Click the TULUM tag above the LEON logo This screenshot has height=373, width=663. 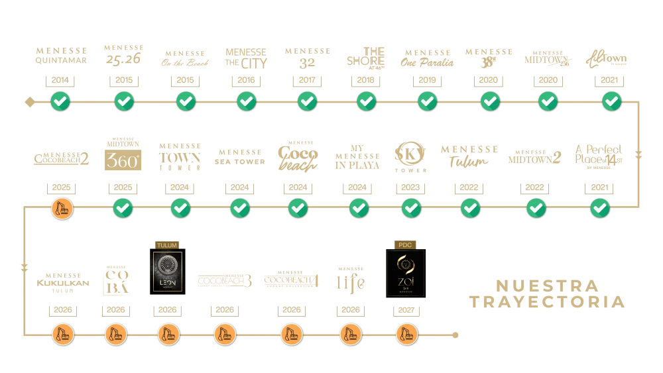pyautogui.click(x=166, y=244)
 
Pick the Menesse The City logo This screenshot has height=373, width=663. pyautogui.click(x=247, y=58)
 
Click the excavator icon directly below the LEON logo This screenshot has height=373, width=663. pyautogui.click(x=167, y=335)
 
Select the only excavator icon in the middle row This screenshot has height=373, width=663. pyautogui.click(x=62, y=209)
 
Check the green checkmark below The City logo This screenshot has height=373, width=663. pyautogui.click(x=247, y=101)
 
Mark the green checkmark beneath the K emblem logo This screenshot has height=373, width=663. pyautogui.click(x=411, y=209)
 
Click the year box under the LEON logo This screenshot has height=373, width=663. pyautogui.click(x=166, y=309)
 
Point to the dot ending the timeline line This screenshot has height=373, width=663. pyautogui.click(x=455, y=335)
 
